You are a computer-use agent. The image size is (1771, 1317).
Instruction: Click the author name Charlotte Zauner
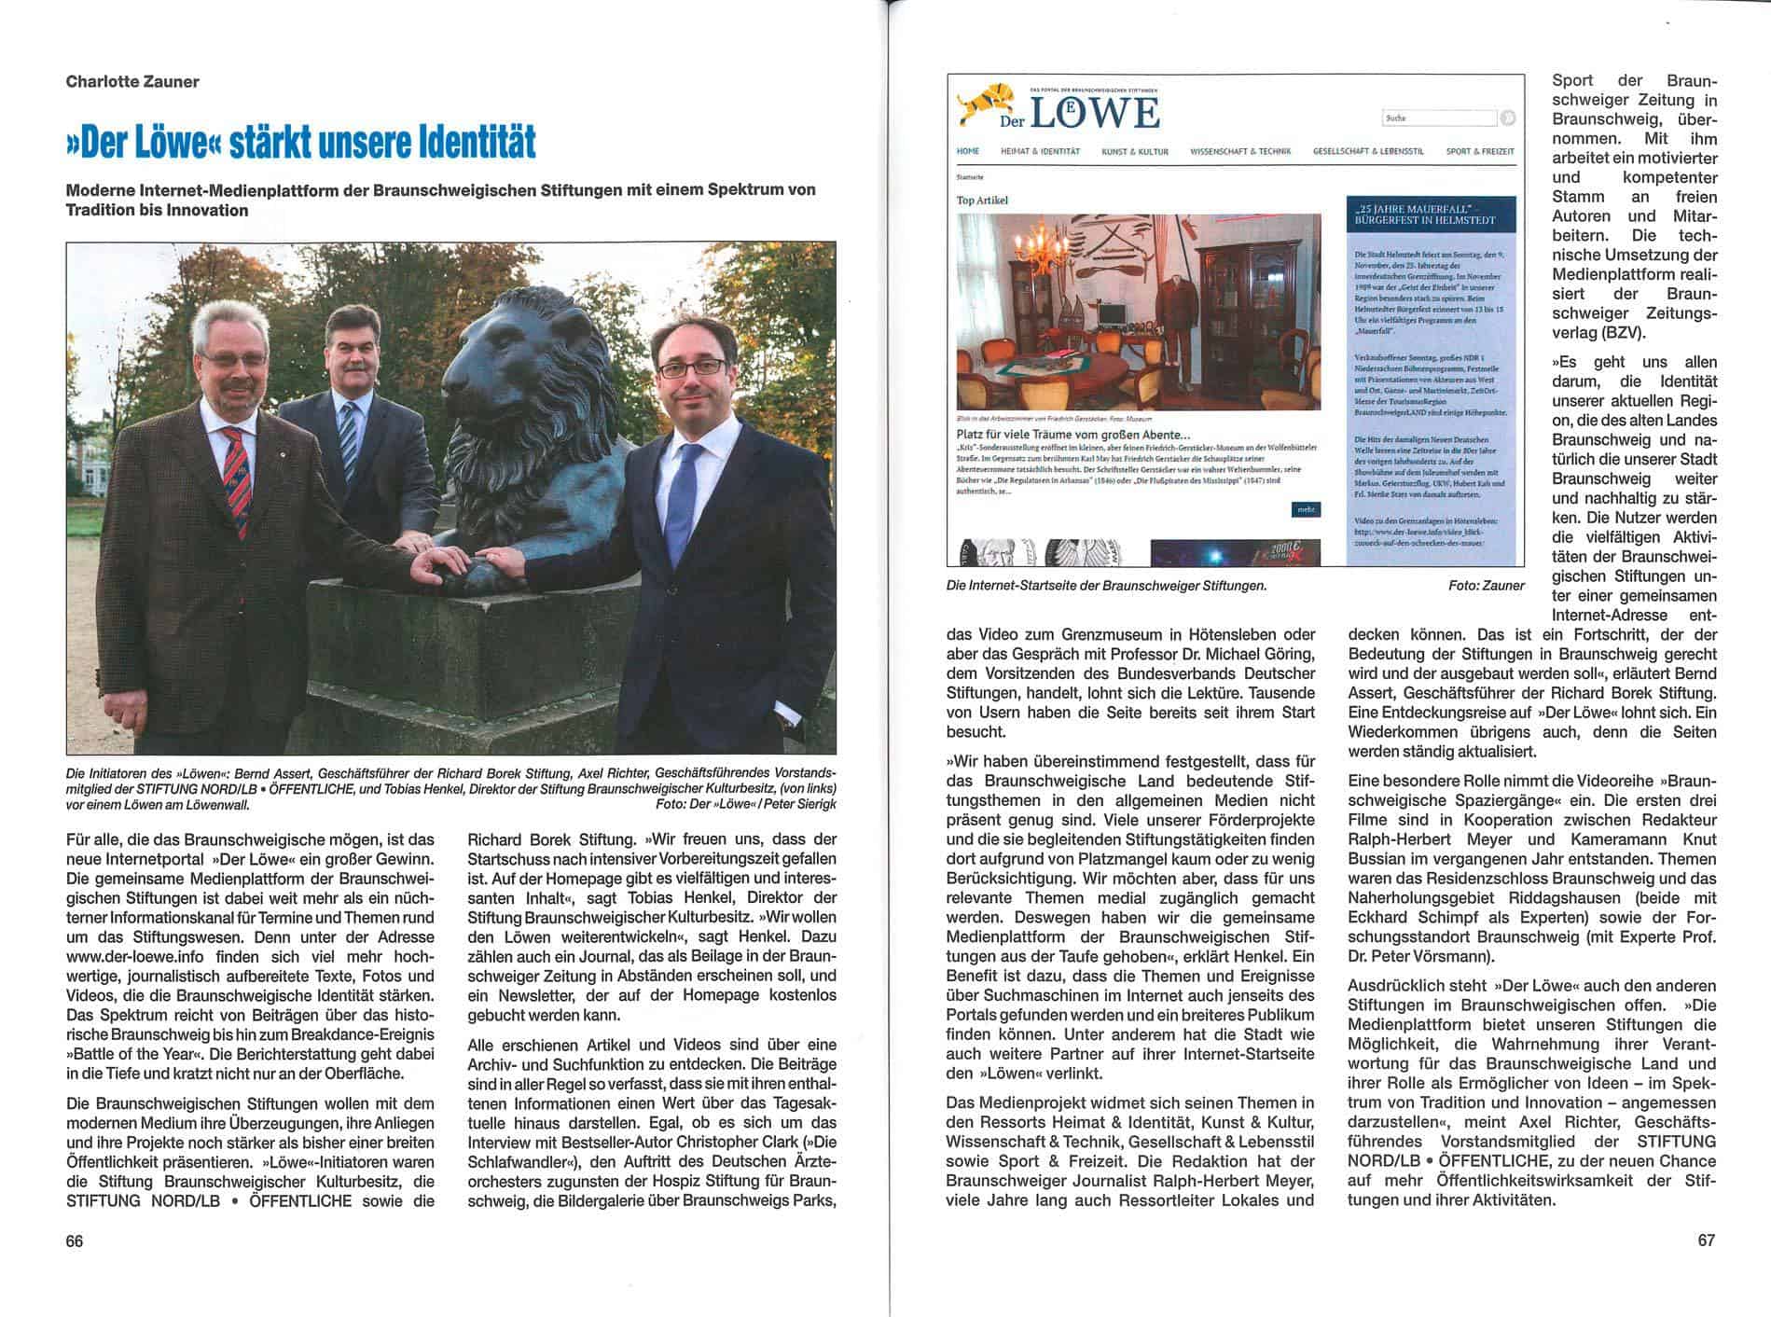132,81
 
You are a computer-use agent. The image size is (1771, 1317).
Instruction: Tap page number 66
75,1241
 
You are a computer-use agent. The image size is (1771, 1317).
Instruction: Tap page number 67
1705,1241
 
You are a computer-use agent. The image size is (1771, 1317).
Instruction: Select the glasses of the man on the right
690,368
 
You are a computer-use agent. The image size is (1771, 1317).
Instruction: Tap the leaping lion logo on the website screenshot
983,103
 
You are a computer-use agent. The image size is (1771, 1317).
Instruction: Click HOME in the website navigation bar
967,151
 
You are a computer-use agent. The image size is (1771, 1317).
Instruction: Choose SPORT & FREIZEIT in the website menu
1479,151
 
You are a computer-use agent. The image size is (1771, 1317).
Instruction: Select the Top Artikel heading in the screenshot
982,200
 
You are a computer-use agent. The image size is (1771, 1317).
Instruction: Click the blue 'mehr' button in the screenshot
1306,509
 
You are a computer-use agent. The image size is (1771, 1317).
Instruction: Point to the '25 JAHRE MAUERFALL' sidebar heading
1431,214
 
